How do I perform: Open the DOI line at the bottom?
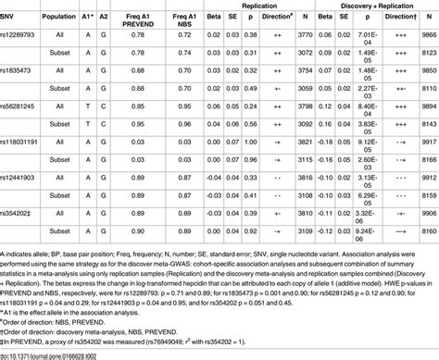coord(56,354)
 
